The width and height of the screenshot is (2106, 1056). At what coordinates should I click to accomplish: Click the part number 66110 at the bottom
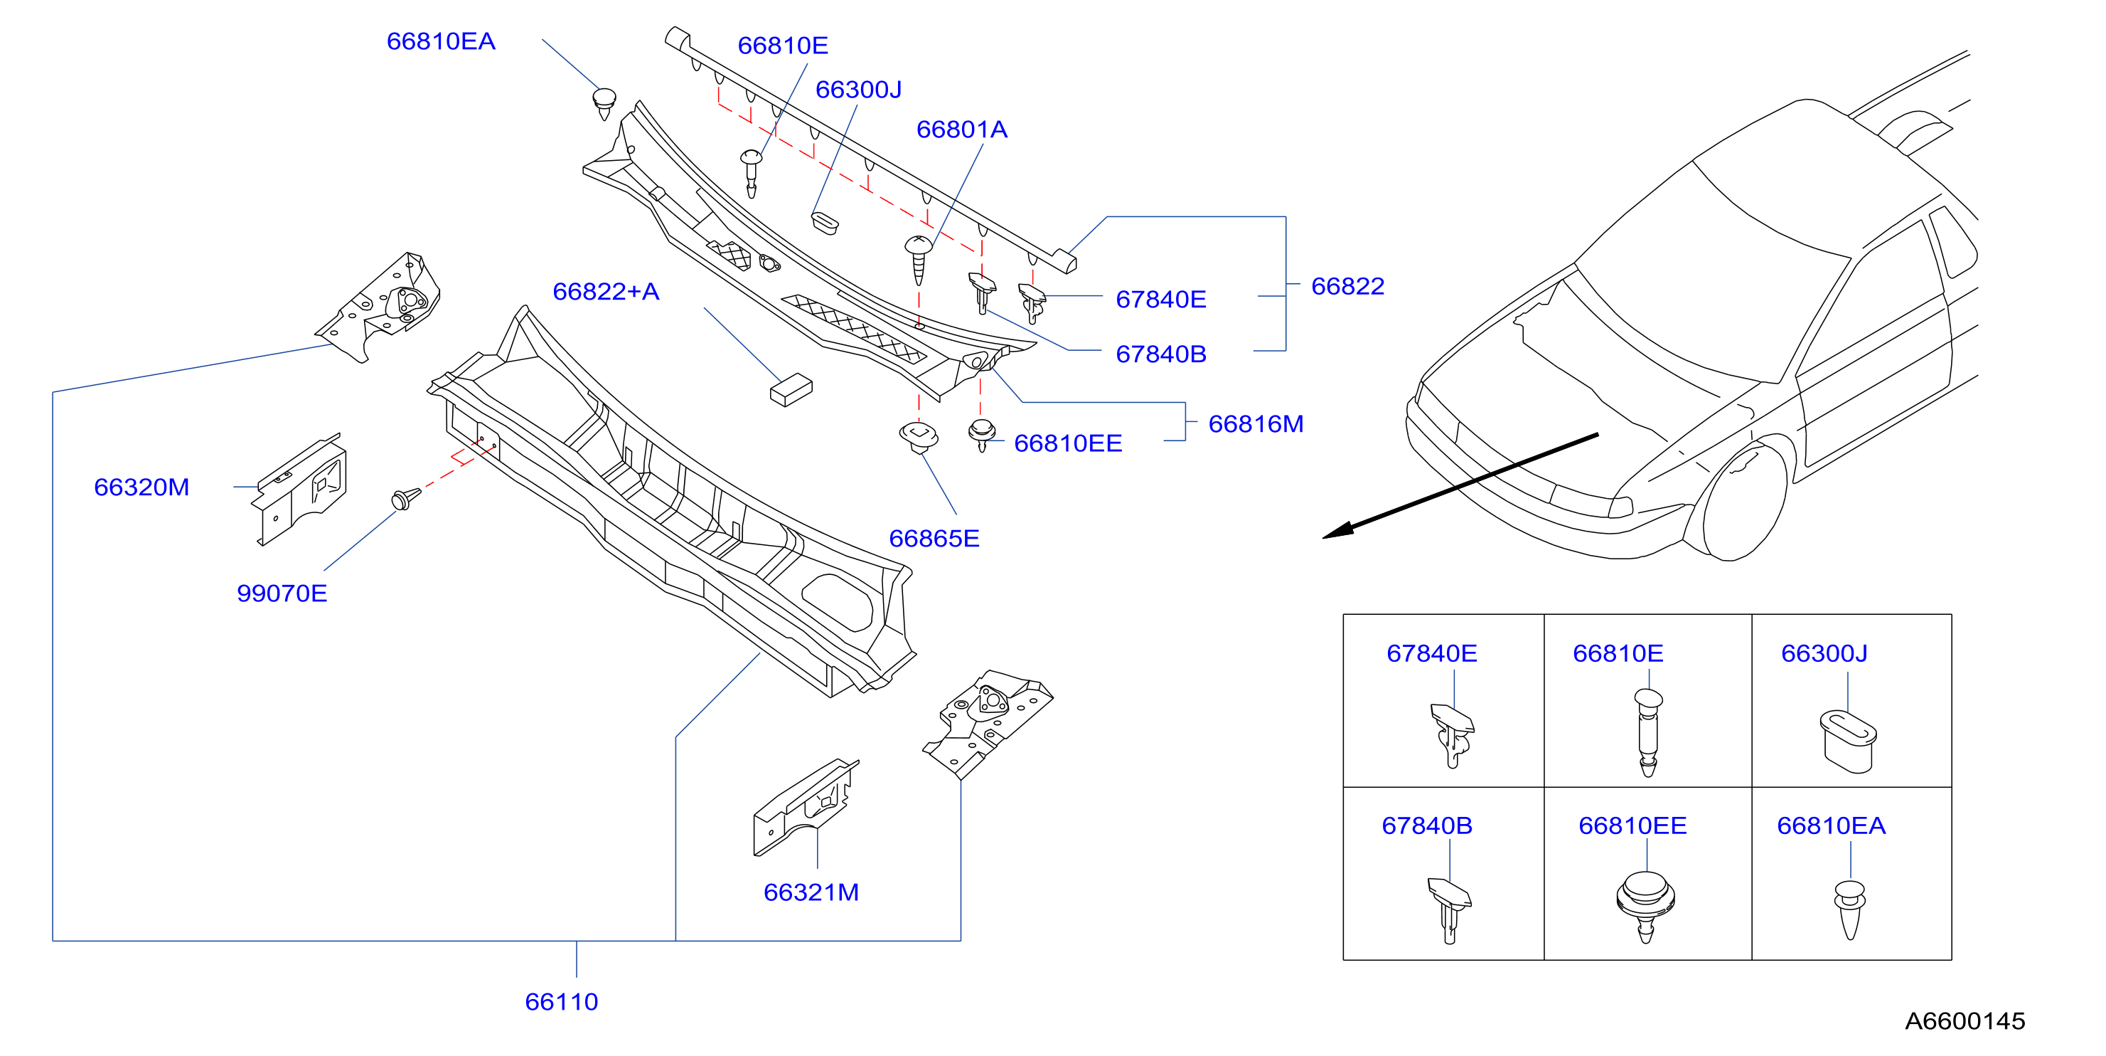coord(561,1001)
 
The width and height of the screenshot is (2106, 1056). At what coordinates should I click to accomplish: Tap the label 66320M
coord(141,487)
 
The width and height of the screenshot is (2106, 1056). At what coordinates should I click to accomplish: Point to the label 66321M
coord(811,892)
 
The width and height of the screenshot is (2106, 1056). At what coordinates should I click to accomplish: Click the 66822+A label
coord(606,291)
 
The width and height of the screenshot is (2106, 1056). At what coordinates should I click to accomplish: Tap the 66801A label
coord(961,130)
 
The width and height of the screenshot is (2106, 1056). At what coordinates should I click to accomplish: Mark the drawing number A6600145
coord(1965,1021)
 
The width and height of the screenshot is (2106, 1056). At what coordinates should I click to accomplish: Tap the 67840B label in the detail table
coord(1426,825)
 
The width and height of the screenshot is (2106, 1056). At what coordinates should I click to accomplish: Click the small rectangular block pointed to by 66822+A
coord(791,390)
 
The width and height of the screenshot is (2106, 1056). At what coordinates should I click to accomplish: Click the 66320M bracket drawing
coord(300,489)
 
